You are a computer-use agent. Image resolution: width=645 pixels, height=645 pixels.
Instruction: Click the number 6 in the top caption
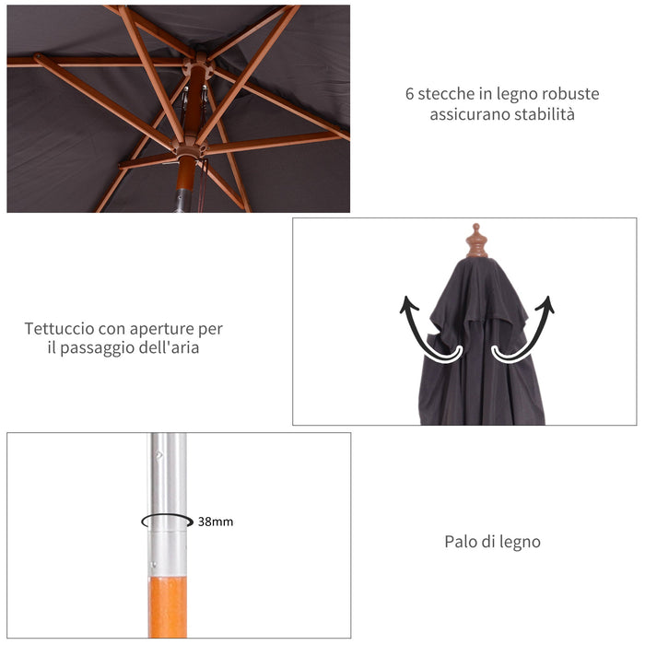(409, 94)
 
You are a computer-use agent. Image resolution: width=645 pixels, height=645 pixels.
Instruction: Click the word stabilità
(543, 115)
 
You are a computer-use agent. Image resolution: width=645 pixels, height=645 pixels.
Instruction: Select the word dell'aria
(170, 348)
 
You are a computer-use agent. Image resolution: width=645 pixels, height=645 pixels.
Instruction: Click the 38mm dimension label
(216, 522)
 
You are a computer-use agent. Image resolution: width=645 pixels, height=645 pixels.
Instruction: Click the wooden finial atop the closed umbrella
(476, 241)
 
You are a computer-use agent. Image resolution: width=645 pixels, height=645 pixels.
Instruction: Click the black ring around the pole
(167, 521)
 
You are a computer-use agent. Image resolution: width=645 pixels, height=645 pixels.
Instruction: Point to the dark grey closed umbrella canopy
(479, 359)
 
